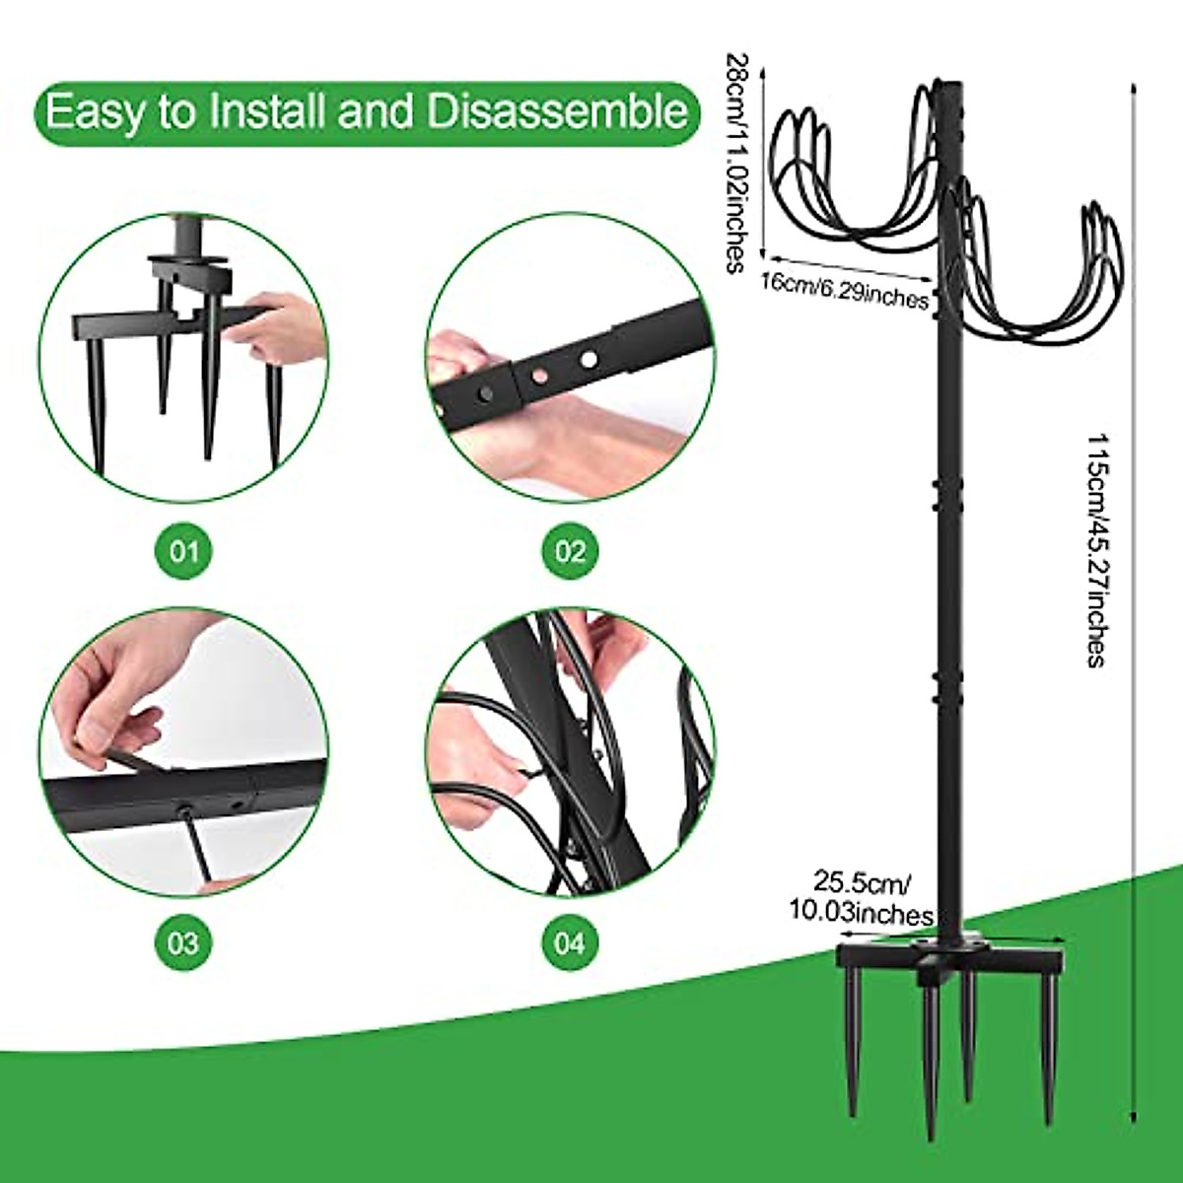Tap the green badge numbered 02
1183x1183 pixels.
point(569,550)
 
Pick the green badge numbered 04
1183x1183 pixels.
point(569,943)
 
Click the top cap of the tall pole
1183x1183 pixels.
point(949,84)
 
